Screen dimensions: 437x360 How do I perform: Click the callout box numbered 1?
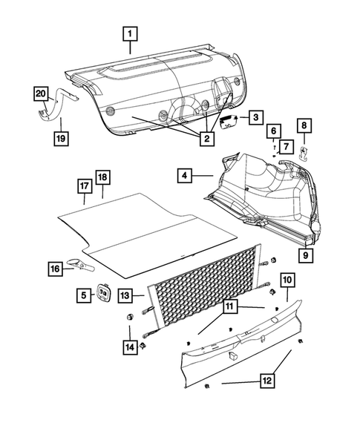[x=131, y=33]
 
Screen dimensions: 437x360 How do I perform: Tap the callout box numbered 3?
[x=255, y=117]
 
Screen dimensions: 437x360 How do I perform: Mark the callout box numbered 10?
[x=287, y=280]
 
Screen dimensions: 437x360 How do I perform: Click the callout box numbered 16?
[x=56, y=269]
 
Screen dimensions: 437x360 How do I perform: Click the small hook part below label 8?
[x=304, y=153]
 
